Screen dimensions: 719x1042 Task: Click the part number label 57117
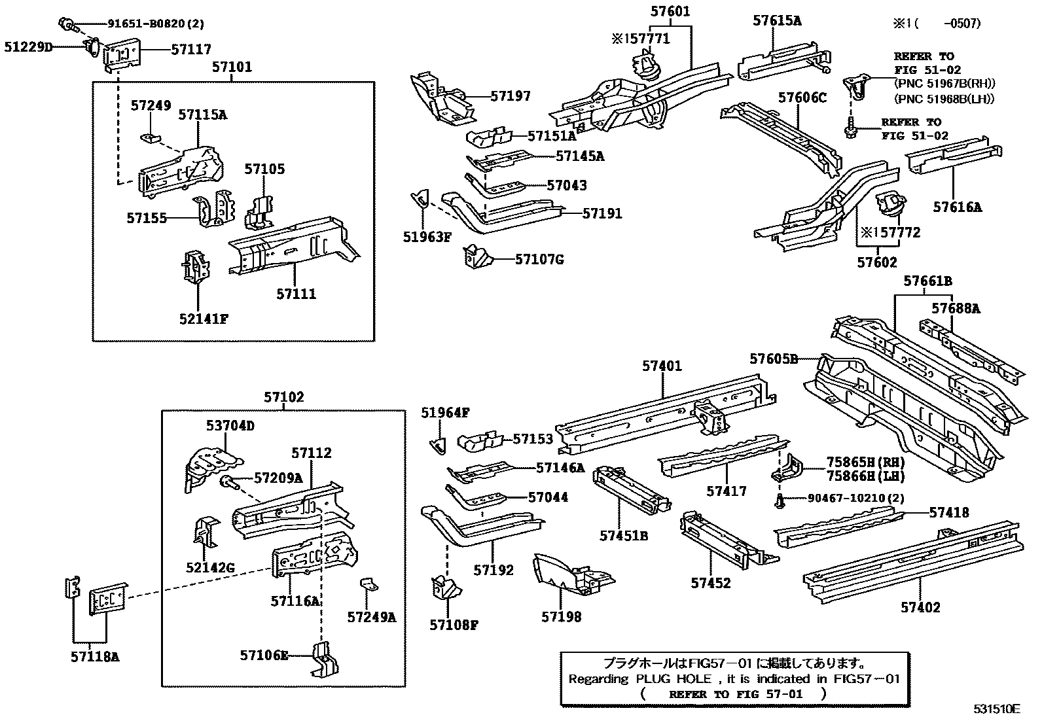coord(190,49)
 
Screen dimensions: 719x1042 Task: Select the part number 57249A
coord(371,616)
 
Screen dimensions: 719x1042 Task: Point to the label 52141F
coord(203,319)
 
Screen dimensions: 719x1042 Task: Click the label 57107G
coord(539,259)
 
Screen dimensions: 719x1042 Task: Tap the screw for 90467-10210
coord(780,501)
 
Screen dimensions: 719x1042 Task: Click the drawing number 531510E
coord(996,709)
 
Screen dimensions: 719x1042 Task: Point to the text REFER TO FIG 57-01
coord(735,694)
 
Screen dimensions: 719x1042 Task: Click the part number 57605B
coord(774,359)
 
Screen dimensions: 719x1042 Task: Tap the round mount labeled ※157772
coord(891,203)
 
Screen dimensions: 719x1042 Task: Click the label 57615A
coord(776,20)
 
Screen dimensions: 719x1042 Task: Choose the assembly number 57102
coord(284,397)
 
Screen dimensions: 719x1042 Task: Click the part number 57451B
coord(624,536)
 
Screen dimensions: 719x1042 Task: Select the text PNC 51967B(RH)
coord(944,83)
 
